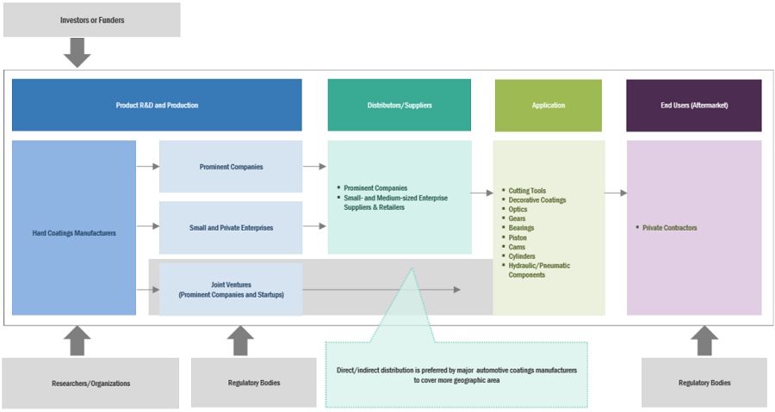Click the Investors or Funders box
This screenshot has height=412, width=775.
pyautogui.click(x=92, y=20)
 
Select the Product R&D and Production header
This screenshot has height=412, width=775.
pyautogui.click(x=157, y=105)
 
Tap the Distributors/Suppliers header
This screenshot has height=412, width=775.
pyautogui.click(x=399, y=105)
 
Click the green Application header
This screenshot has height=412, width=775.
pyautogui.click(x=549, y=105)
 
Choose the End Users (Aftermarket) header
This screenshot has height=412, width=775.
pyautogui.click(x=693, y=105)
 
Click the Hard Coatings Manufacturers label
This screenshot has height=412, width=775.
pyautogui.click(x=73, y=232)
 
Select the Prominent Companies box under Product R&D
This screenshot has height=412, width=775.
pyautogui.click(x=231, y=167)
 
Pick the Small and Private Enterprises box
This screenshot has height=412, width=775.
pyautogui.click(x=231, y=228)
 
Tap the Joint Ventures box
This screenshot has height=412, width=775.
pyautogui.click(x=231, y=289)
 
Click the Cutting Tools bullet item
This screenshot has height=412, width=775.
pyautogui.click(x=527, y=191)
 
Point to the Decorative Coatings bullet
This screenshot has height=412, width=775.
pyautogui.click(x=537, y=200)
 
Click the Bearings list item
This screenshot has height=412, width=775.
pyautogui.click(x=522, y=228)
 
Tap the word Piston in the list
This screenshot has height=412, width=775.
pyautogui.click(x=519, y=237)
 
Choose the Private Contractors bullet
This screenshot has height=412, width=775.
pyautogui.click(x=670, y=228)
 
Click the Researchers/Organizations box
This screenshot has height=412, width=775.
pyautogui.click(x=90, y=383)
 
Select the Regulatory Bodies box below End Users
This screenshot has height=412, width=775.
pyautogui.click(x=704, y=383)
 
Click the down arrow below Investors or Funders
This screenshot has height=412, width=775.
pyautogui.click(x=77, y=52)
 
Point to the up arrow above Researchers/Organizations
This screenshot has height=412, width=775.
pyautogui.click(x=77, y=341)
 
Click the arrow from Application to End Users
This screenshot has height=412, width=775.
pyautogui.click(x=615, y=193)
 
